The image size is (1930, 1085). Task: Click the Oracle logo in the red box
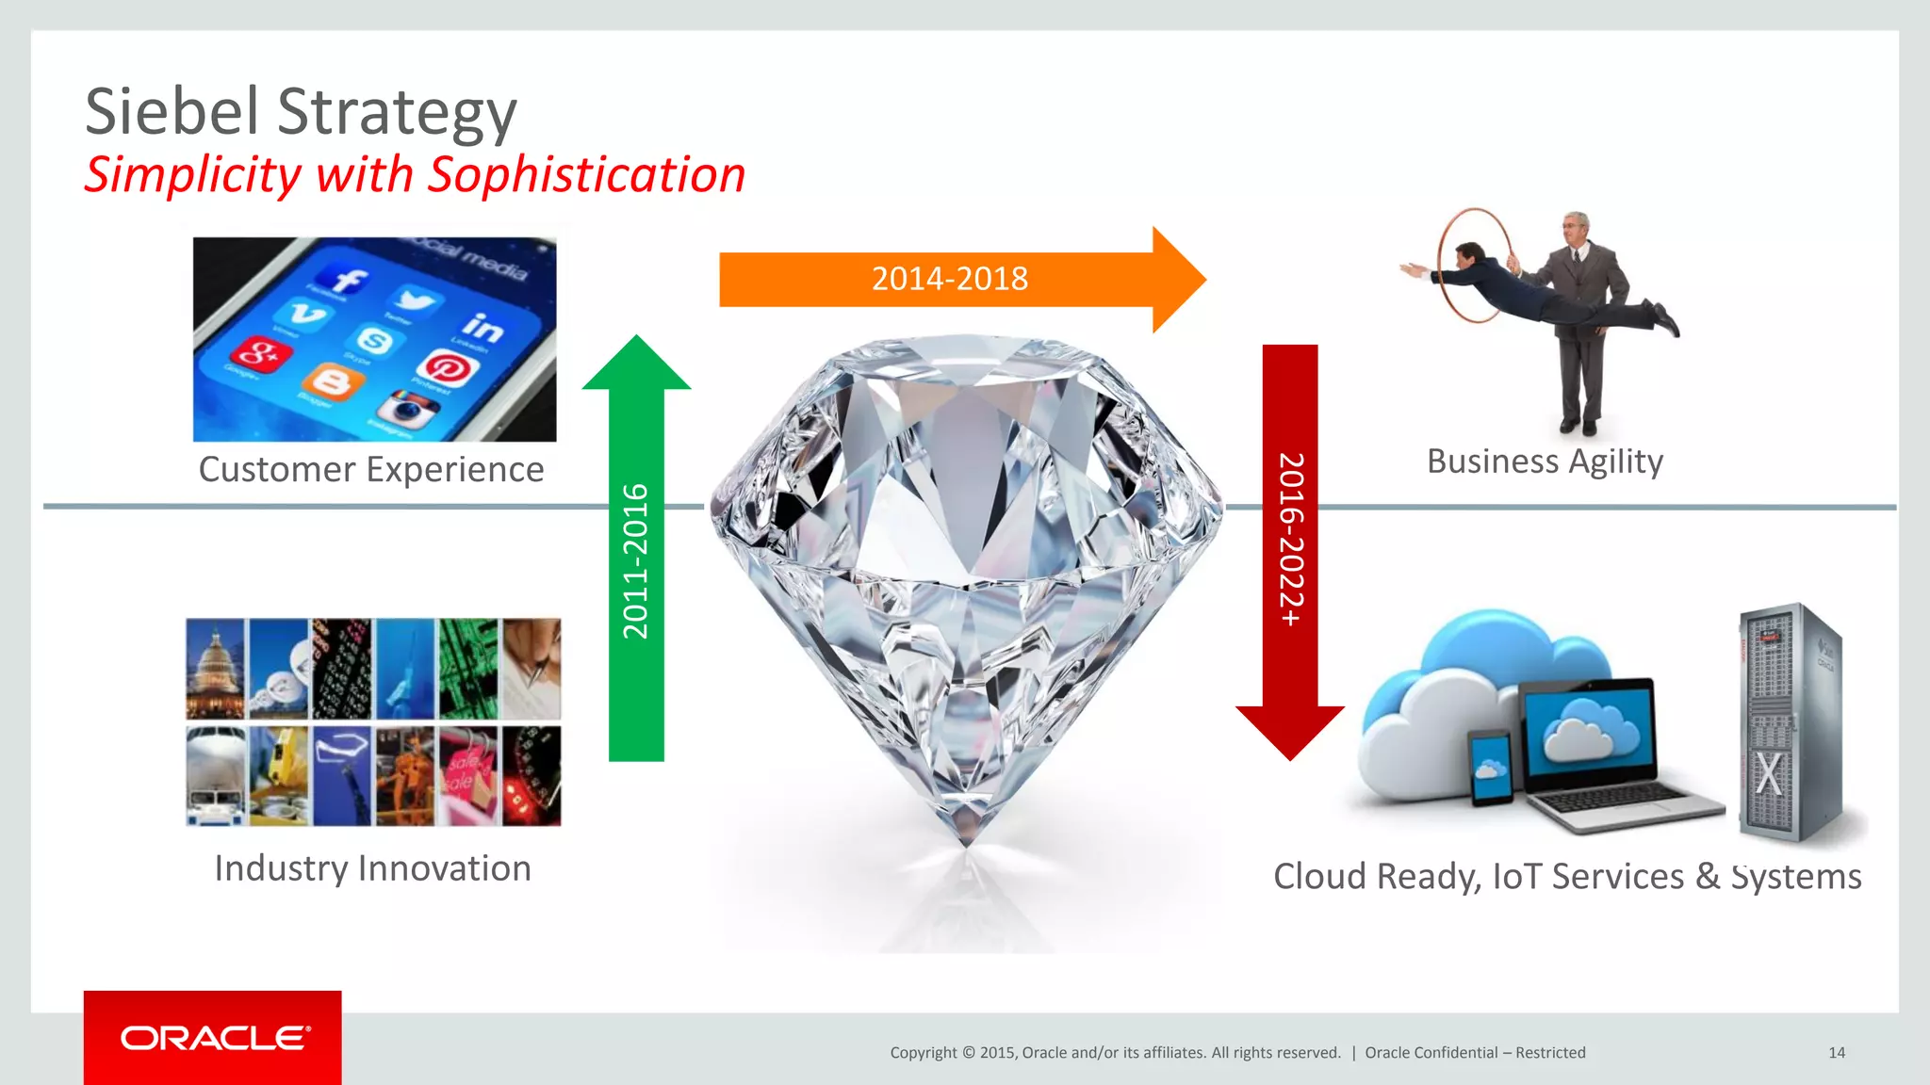(x=214, y=1038)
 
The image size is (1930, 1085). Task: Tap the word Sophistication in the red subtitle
(x=586, y=176)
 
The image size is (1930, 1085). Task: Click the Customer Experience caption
(x=371, y=469)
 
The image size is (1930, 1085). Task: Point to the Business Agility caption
(x=1545, y=462)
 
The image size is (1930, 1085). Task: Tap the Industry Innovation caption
(x=372, y=868)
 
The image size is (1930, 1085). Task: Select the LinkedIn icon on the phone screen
(x=482, y=327)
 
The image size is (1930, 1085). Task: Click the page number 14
(x=1836, y=1053)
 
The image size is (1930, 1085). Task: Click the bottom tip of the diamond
(x=967, y=838)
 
